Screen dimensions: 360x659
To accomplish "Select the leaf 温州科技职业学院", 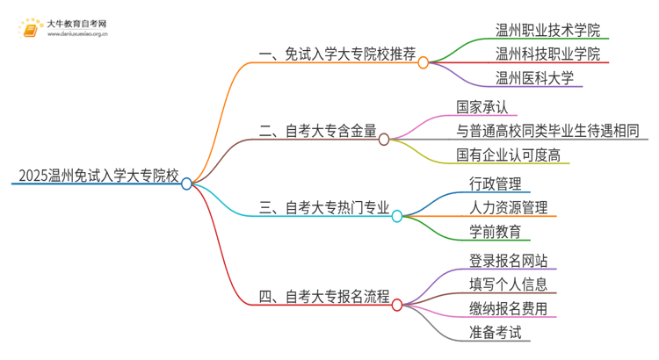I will [x=547, y=54].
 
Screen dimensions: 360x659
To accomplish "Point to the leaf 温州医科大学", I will [x=534, y=78].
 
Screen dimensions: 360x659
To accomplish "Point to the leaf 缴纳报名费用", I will [x=508, y=308].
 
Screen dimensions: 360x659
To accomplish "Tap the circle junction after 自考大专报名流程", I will [x=396, y=305].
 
